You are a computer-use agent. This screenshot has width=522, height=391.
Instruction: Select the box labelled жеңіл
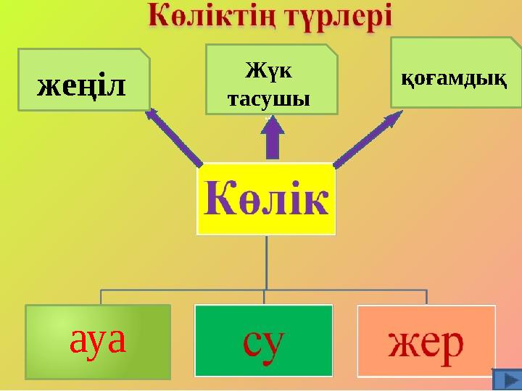point(83,80)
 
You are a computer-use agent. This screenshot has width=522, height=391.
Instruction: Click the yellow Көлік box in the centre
point(266,199)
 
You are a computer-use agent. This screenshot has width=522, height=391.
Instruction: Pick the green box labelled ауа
point(98,342)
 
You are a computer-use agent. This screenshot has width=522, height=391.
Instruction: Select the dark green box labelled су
point(263,340)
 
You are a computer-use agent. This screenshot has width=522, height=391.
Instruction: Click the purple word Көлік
point(266,198)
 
